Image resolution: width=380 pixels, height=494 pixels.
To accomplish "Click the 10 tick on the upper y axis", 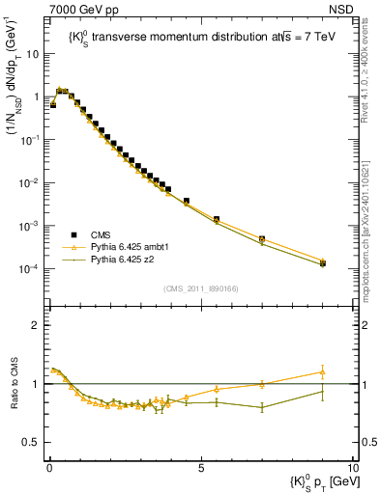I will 35,54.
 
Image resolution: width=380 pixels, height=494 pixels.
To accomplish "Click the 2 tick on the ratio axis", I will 36,325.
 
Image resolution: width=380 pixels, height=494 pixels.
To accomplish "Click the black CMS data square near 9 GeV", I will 322,263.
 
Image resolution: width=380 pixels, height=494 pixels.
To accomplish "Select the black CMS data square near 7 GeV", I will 262,238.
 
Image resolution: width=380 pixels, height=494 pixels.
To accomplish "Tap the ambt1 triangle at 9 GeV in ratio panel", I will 322,371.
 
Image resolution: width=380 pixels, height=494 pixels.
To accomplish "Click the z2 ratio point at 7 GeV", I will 262,407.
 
